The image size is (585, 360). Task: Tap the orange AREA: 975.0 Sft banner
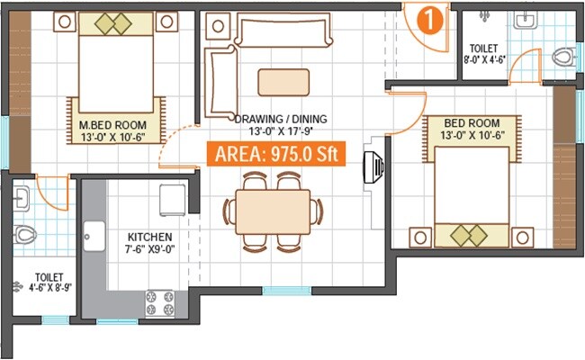[x=278, y=154]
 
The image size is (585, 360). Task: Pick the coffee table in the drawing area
[x=283, y=82]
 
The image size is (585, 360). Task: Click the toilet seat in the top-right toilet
[x=562, y=58]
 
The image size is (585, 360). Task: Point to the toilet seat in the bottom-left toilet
[x=25, y=236]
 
